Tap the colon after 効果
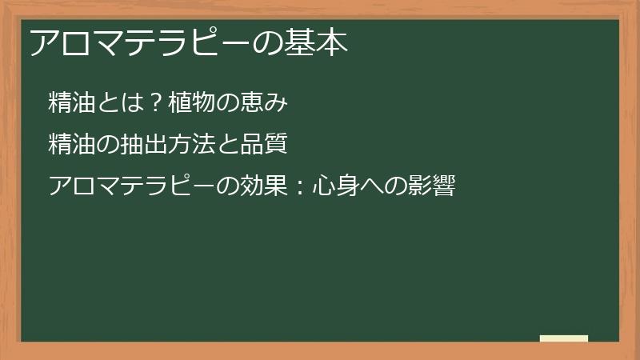click(301, 188)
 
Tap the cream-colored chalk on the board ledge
click(564, 338)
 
